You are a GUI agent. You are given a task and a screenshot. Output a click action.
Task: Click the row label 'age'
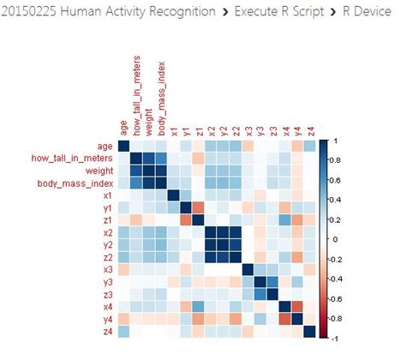coord(104,146)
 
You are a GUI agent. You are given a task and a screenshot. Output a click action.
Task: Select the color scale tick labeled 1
coord(336,140)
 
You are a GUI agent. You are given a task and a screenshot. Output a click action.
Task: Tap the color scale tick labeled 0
coord(336,239)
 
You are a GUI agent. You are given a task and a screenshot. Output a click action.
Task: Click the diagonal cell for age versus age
coord(123,147)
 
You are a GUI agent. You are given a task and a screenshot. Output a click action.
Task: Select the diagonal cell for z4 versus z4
coord(309,332)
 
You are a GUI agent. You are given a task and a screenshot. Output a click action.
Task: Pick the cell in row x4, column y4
coord(297,307)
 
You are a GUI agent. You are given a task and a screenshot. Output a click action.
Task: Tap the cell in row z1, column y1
coord(186,220)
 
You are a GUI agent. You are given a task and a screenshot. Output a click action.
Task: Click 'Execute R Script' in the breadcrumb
coord(273,12)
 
